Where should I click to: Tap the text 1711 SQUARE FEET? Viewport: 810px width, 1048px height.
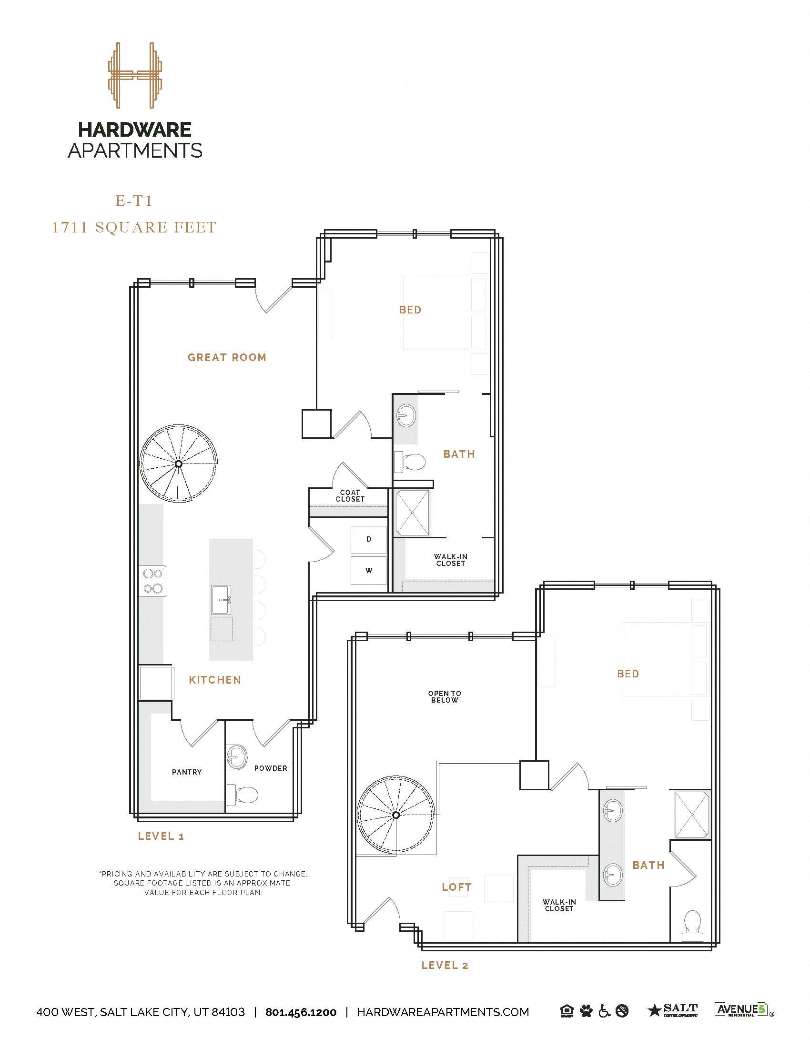coord(134,227)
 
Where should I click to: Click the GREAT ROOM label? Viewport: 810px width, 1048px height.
coord(227,357)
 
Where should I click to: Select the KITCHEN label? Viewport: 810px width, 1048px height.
coord(215,679)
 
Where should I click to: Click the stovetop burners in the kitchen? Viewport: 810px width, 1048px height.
coord(152,581)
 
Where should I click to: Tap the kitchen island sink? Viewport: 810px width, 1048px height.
coord(221,599)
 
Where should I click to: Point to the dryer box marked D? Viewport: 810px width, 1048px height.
coord(368,539)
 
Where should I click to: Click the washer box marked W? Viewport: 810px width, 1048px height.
coord(368,570)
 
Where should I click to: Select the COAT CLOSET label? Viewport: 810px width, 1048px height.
coord(350,496)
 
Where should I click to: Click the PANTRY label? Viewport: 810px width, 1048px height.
coord(187,772)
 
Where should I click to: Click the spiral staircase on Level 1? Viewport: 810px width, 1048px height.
coord(178,464)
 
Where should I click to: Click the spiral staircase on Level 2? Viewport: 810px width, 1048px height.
coord(396,815)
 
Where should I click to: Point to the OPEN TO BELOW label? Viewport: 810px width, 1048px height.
coord(445,696)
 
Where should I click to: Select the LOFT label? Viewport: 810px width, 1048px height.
coord(456,887)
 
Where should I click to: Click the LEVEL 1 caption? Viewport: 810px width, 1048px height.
coord(161,836)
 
